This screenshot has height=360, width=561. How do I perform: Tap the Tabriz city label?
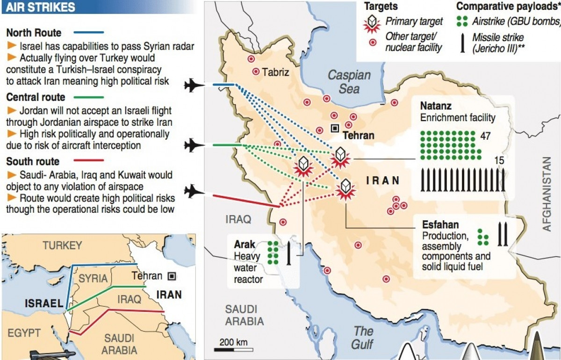[x=276, y=72]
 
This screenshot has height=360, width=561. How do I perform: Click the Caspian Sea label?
[x=349, y=81]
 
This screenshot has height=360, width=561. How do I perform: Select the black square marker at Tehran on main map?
[x=335, y=128]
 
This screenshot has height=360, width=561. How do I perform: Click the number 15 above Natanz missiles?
[x=499, y=160]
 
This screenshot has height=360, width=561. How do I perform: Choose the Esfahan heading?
[x=440, y=224]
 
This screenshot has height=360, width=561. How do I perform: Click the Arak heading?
[x=245, y=245]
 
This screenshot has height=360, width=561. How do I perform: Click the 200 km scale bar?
[x=234, y=348]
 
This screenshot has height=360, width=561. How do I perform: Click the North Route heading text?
[x=34, y=33]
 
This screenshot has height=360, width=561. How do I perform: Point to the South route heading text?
[x=33, y=162]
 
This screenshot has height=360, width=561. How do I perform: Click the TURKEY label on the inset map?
[x=62, y=245]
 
